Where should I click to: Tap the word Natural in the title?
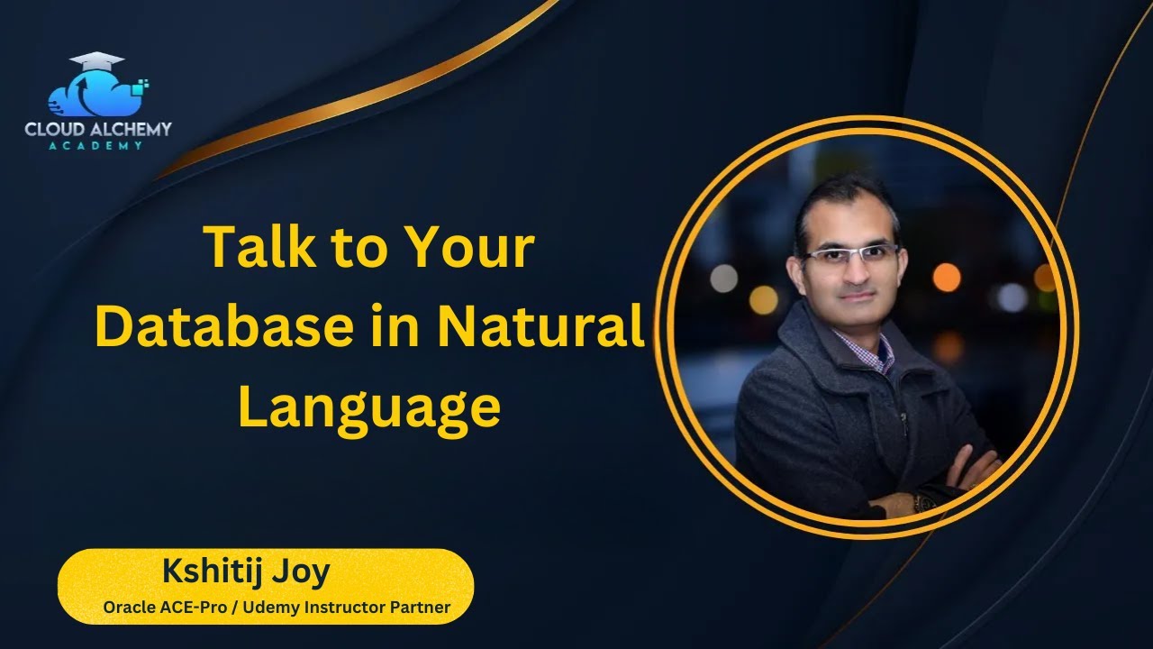tap(541, 327)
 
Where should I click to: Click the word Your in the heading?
tap(469, 248)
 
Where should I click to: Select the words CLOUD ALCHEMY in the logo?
tap(97, 130)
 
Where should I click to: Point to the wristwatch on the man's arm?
tap(921, 501)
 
